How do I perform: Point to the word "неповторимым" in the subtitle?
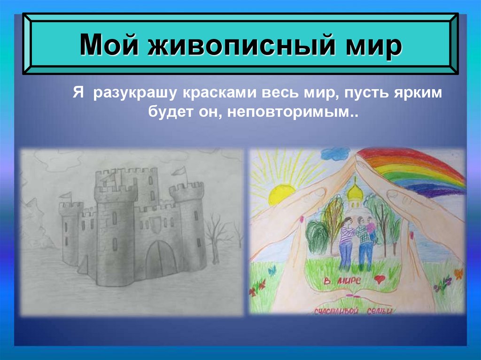(x=291, y=113)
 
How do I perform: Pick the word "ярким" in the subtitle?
(x=419, y=93)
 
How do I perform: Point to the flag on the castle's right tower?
(x=180, y=172)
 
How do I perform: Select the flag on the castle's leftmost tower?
(x=66, y=195)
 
